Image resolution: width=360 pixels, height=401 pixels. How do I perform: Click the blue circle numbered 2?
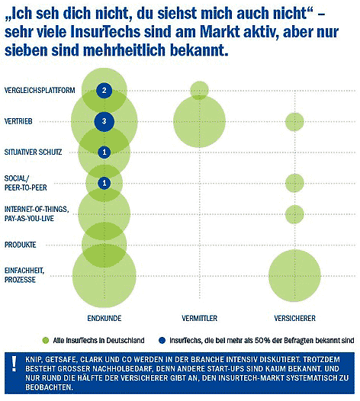pos(104,91)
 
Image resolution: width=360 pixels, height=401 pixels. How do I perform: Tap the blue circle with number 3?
pos(104,121)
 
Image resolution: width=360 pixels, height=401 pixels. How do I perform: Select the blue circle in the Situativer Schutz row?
pos(104,152)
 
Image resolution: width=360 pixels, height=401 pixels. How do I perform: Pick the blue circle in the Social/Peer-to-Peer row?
pos(104,183)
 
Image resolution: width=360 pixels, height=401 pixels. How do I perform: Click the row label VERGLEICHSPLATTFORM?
pos(40,90)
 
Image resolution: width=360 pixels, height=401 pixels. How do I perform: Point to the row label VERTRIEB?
pos(18,121)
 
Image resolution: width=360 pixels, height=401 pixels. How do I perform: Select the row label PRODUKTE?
pos(21,245)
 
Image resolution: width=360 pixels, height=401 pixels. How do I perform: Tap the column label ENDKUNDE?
pos(104,318)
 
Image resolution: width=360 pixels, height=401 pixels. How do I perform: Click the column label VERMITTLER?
pos(200,318)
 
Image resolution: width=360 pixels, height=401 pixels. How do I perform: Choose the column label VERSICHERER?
pos(294,318)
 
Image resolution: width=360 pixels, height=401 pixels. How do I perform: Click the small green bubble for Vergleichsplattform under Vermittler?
pos(200,90)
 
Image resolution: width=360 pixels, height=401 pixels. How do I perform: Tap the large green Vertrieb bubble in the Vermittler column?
pos(200,121)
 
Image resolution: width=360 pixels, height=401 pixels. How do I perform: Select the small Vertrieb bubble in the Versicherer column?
pos(294,122)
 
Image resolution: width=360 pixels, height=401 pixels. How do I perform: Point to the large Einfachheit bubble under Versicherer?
pos(294,276)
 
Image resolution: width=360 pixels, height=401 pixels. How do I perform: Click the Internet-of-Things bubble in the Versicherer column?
pos(294,214)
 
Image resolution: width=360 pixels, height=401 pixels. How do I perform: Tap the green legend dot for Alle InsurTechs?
pos(46,340)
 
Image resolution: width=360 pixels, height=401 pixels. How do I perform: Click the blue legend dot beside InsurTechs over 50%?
pos(162,340)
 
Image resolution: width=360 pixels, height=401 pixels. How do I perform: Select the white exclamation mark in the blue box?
pos(14,364)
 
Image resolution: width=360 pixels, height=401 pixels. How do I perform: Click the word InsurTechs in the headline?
pos(105,32)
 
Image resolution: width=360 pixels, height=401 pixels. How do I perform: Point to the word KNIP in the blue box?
pos(33,360)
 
